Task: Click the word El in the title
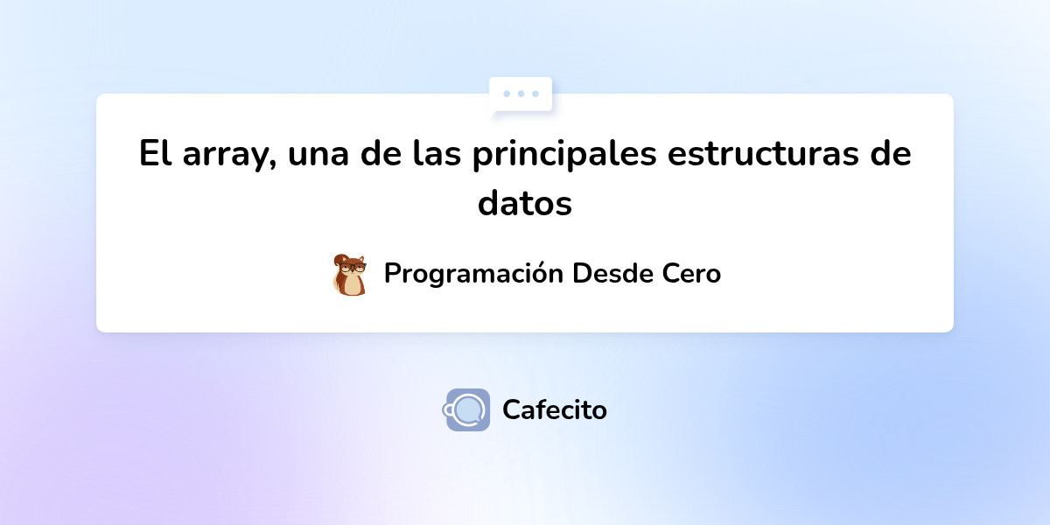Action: tap(154, 155)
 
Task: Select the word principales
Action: tap(564, 157)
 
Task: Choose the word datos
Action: tap(525, 204)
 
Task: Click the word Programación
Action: tap(473, 274)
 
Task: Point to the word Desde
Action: tap(612, 273)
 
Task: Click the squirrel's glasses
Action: tap(353, 265)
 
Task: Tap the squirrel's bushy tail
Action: tap(339, 278)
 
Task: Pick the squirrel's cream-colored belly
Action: tap(353, 283)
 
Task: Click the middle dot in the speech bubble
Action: tap(521, 93)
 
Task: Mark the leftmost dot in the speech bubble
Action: tap(507, 93)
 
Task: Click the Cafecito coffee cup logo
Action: tap(467, 409)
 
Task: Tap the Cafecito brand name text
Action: tap(555, 409)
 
